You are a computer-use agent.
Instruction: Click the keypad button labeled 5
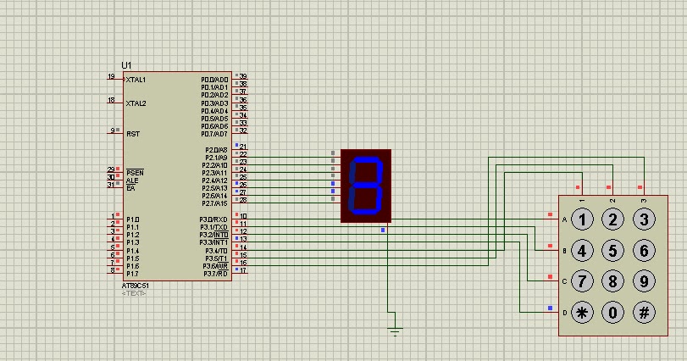613,251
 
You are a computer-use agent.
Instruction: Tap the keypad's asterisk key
582,312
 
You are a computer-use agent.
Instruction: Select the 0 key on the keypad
613,312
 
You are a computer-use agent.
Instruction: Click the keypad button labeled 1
582,220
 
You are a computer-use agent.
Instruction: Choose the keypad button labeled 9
645,280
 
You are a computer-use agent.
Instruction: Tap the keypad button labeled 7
582,280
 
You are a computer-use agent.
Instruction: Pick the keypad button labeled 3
645,220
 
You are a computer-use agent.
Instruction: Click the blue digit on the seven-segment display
366,185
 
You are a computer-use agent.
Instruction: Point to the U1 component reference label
127,65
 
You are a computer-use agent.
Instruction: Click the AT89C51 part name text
135,286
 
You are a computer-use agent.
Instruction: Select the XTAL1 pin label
136,80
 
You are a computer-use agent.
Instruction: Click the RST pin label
133,134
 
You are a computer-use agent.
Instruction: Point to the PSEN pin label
135,172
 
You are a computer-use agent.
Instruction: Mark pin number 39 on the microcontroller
243,76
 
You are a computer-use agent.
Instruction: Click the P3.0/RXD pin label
213,219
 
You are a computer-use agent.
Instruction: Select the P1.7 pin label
132,274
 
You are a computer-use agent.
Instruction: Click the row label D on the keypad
564,312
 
